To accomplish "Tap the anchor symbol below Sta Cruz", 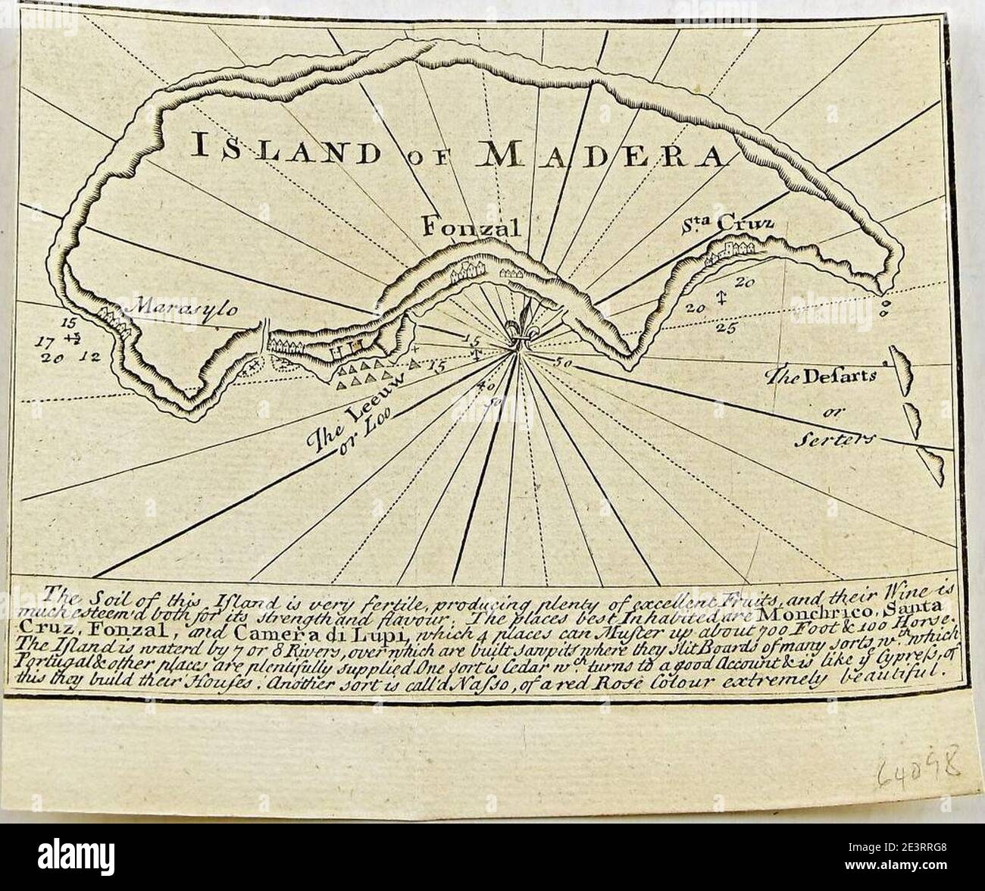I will click(722, 298).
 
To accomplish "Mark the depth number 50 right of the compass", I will click(562, 361).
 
